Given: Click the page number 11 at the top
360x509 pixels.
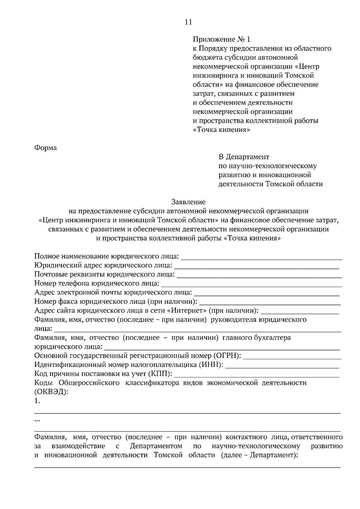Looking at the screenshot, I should [188, 22].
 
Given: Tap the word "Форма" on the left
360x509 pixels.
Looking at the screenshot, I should [46, 148].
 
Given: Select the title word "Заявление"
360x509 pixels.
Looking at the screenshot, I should [188, 202].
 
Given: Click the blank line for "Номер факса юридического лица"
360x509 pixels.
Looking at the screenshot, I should [270, 302].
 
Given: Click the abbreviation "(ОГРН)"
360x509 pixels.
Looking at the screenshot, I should [227, 356].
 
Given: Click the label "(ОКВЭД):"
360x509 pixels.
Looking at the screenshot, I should [51, 392].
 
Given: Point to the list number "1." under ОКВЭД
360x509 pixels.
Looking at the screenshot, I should [37, 401].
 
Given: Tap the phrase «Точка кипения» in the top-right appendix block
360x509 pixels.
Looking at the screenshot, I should [221, 130].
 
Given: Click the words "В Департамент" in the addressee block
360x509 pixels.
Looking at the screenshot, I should [244, 157].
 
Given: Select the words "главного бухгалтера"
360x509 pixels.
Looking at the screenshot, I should [256, 338].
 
